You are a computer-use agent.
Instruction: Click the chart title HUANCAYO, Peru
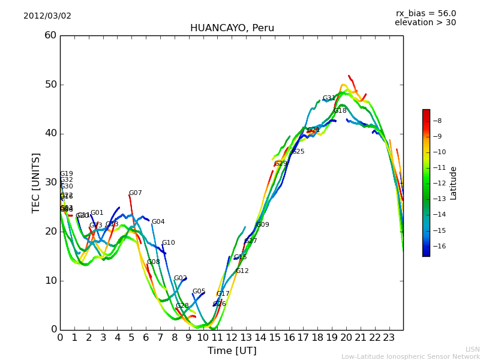(232, 28)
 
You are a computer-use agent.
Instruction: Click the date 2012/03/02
(47, 16)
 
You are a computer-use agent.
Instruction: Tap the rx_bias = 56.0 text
(425, 13)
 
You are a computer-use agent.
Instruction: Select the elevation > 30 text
(425, 23)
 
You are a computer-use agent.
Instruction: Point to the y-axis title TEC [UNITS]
(36, 182)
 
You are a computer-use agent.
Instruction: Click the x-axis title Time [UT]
(232, 350)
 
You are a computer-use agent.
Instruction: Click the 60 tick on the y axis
(50, 35)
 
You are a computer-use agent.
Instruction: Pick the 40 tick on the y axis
(50, 133)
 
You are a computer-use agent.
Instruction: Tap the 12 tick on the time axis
(232, 337)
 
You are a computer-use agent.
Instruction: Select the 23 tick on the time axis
(389, 337)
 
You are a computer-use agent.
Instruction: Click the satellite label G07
(136, 193)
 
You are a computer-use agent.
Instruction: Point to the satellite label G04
(158, 222)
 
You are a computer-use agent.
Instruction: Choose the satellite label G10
(169, 243)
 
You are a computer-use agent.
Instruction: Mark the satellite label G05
(199, 292)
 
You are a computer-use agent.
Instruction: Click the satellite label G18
(340, 111)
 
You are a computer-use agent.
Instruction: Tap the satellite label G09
(263, 225)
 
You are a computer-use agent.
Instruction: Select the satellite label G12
(242, 271)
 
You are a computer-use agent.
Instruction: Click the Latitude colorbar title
(454, 183)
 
